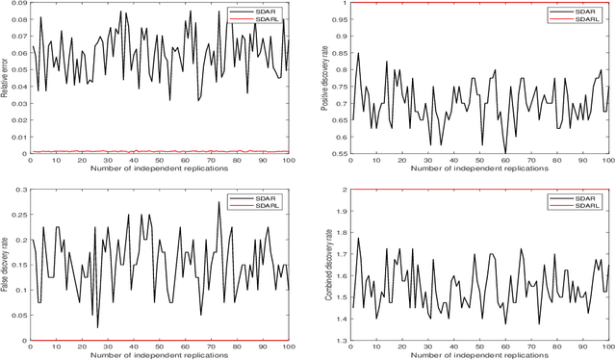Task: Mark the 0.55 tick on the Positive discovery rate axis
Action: click(x=339, y=153)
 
